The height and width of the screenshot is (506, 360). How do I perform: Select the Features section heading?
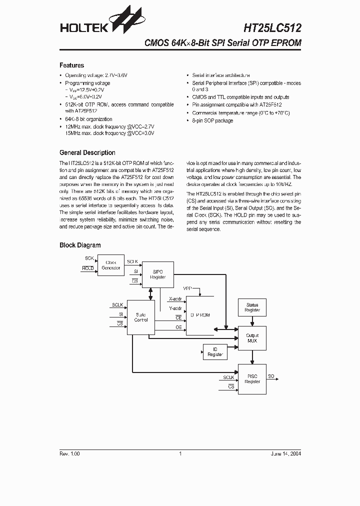click(x=71, y=65)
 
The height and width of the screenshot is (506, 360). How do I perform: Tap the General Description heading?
click(x=87, y=153)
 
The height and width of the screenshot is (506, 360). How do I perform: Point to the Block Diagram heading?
click(x=80, y=245)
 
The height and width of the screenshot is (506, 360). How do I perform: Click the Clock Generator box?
click(x=111, y=265)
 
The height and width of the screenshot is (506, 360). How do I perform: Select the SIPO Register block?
click(x=157, y=274)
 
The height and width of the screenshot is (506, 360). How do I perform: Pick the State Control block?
click(x=141, y=317)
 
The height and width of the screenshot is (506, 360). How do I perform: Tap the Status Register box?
click(x=252, y=307)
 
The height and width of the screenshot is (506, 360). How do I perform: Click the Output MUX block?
click(x=252, y=338)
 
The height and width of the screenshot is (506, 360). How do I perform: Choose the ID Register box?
click(x=215, y=352)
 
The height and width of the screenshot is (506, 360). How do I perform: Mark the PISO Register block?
click(x=252, y=379)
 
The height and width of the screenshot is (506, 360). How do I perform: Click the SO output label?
click(x=271, y=375)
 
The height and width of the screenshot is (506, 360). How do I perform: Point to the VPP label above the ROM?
click(x=187, y=289)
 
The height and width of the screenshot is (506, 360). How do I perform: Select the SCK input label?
click(x=89, y=258)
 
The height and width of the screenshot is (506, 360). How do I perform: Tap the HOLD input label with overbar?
click(x=87, y=268)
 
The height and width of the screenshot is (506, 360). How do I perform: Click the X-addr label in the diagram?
click(x=175, y=299)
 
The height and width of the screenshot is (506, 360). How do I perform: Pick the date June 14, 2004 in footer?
click(x=285, y=453)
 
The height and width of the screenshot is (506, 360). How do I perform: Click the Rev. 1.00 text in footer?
click(x=69, y=453)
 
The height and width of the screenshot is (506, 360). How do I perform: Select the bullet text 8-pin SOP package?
click(x=212, y=120)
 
